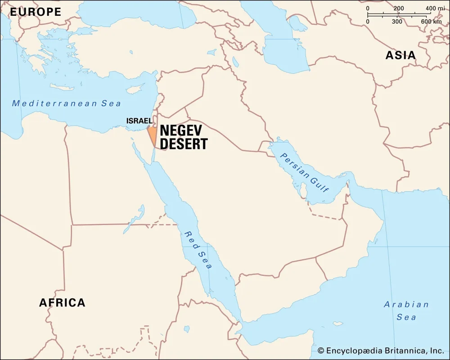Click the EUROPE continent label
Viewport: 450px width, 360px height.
point(36,12)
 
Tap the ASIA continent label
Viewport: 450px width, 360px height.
point(400,55)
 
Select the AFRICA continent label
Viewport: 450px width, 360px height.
point(62,302)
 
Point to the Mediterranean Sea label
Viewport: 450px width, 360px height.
point(67,103)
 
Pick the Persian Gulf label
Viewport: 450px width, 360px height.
point(305,173)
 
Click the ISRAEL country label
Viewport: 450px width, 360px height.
point(139,121)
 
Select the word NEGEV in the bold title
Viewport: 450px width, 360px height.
point(181,131)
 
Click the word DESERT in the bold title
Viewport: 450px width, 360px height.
point(184,144)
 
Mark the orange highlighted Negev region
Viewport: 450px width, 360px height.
point(153,135)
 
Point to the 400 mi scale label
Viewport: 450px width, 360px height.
point(435,9)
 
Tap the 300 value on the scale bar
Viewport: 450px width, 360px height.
point(397,21)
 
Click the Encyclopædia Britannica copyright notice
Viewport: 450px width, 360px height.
point(381,351)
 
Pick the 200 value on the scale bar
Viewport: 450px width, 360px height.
point(399,9)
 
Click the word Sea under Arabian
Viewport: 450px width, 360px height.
point(406,317)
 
